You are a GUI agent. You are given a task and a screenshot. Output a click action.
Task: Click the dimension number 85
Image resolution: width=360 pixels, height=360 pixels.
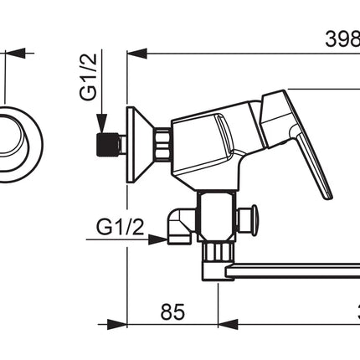tap(172, 311)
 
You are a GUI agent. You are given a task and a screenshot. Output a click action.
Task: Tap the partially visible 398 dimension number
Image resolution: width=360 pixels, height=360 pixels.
tap(342, 39)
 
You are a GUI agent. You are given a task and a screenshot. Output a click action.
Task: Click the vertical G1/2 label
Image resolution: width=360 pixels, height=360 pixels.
tap(88, 77)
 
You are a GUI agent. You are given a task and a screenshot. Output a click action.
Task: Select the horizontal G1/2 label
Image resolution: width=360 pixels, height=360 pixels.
tap(121, 227)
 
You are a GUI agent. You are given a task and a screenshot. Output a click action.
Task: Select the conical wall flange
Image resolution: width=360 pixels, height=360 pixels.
tap(140, 145)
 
